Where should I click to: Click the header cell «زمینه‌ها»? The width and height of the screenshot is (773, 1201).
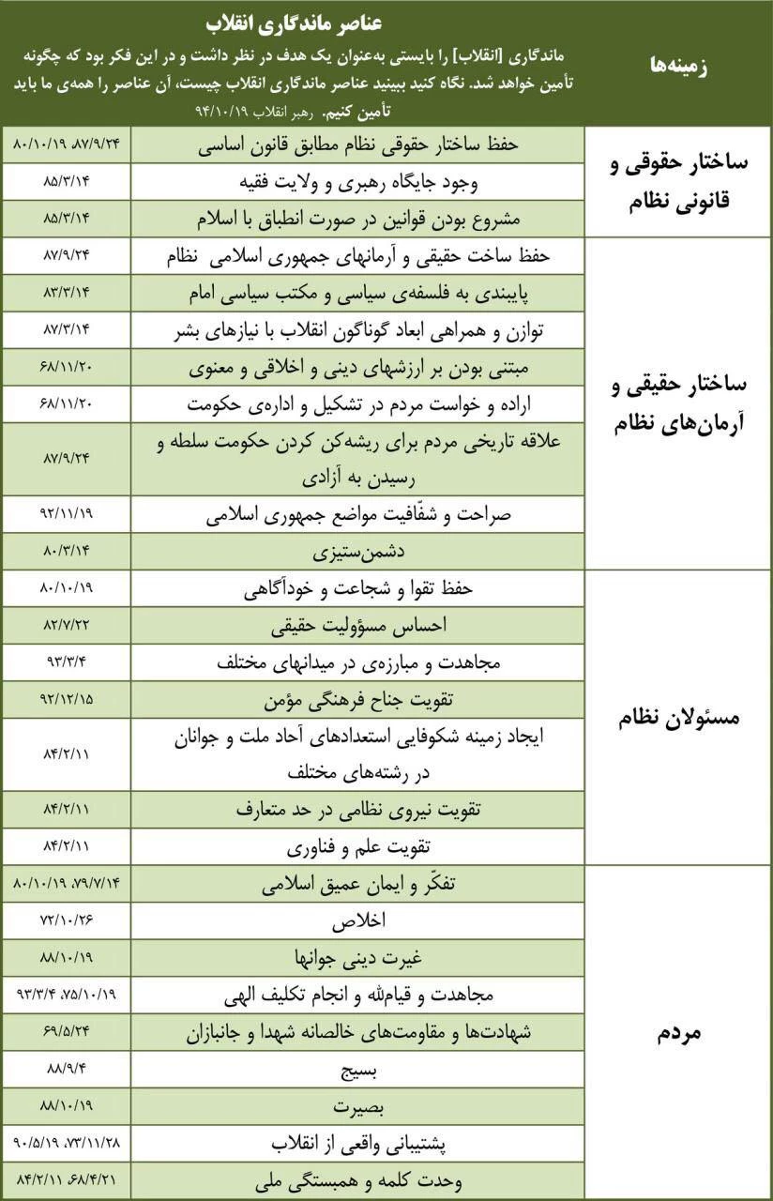coord(678,65)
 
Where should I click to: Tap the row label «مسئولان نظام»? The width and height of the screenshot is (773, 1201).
coord(678,718)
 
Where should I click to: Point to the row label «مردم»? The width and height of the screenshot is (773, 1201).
coord(678,1033)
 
